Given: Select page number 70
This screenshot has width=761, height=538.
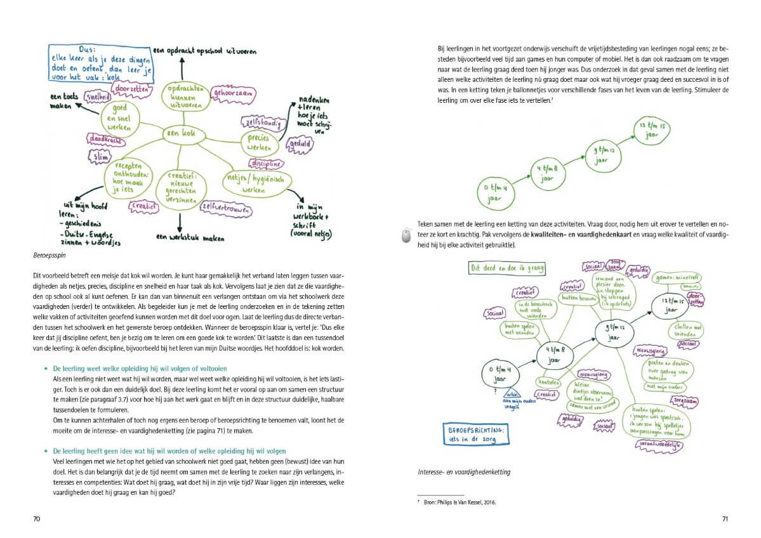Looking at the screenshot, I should click(37, 518).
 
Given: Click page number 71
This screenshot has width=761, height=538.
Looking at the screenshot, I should click(725, 518).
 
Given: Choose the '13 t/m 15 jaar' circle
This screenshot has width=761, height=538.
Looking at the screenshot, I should click(654, 131).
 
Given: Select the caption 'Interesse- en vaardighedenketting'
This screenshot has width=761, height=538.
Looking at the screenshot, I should click(465, 472).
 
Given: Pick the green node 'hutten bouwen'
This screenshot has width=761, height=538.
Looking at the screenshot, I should click(577, 297).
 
